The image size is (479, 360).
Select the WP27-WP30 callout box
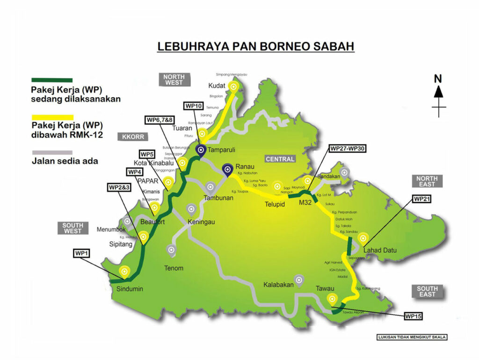pos(348,149)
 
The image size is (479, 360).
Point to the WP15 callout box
pos(414,317)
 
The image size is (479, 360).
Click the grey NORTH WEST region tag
pos(174,79)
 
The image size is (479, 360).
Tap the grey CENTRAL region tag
pos(280,159)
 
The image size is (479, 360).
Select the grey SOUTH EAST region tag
pos(427,291)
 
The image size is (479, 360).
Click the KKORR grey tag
pos(133,137)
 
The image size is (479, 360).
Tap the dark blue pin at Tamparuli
pos(201,151)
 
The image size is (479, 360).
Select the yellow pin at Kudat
pos(233,86)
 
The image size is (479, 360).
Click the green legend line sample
pos(51,80)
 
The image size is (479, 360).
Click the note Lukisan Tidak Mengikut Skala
pos(412,337)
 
